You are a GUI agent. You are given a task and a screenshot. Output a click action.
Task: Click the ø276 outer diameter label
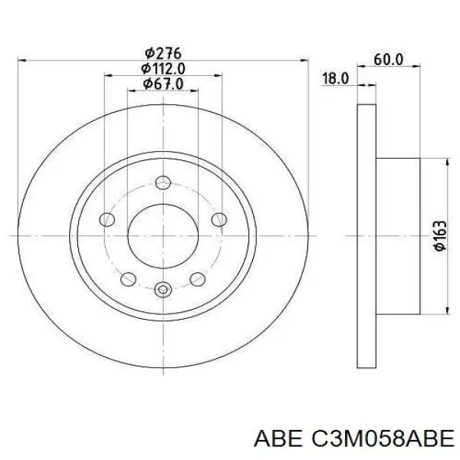point(163,54)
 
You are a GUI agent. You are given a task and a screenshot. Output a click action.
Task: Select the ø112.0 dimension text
point(163,69)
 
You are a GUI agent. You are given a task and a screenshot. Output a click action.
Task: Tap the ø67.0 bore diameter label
point(163,84)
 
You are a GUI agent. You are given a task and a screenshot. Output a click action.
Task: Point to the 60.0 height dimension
point(389,60)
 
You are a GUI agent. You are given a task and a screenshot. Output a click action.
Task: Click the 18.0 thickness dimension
point(336,79)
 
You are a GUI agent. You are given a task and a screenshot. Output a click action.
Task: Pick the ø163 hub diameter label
point(440,236)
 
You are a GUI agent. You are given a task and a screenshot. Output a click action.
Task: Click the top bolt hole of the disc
point(163,182)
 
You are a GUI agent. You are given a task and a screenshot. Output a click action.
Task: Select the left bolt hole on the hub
point(107,219)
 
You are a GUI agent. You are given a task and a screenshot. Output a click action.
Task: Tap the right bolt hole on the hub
point(219,219)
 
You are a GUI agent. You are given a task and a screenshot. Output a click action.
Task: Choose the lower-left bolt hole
point(128,279)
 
